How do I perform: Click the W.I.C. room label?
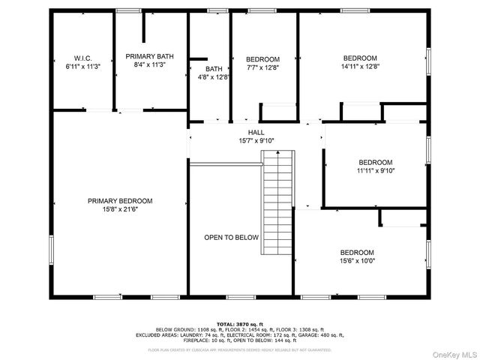[82, 57]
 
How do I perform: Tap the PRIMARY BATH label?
[150, 56]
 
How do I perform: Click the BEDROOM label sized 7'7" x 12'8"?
[262, 59]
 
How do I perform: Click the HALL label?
[256, 132]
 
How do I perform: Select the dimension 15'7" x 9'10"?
[256, 140]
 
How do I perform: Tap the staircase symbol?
[276, 191]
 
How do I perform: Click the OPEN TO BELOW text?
[232, 237]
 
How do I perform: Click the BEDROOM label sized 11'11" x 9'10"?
[375, 162]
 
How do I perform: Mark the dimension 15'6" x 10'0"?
[357, 261]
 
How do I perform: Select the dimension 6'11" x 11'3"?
[82, 66]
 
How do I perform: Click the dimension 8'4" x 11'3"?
[150, 65]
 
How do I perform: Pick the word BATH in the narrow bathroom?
[214, 68]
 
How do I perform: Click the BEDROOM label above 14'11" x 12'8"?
[360, 58]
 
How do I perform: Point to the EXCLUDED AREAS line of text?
[239, 334]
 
